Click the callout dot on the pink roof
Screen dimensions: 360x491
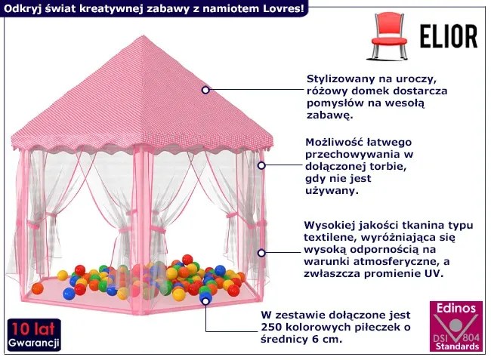[205, 90]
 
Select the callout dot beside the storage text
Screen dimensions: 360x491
[262, 165]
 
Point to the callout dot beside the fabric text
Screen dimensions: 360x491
[262, 254]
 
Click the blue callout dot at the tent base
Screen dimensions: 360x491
[204, 300]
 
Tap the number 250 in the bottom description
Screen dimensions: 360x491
[273, 327]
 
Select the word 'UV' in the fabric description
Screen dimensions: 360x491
[433, 273]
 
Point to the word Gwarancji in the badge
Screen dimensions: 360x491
[33, 343]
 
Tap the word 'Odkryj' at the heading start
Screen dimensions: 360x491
[21, 8]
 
